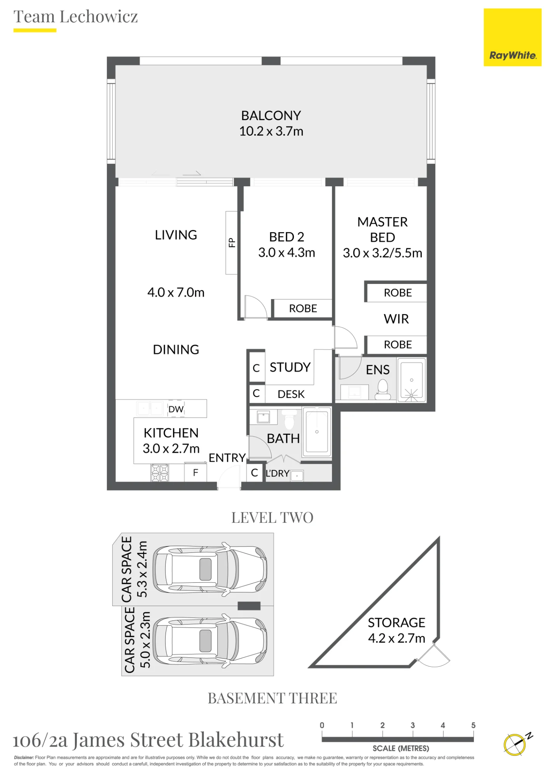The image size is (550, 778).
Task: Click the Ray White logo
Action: click(512, 37)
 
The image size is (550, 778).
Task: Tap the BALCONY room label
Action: click(271, 116)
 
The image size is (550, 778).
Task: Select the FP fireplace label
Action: click(232, 243)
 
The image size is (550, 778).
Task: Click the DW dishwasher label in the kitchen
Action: click(176, 409)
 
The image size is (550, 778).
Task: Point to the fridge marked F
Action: click(196, 472)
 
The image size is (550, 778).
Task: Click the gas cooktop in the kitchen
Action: click(160, 473)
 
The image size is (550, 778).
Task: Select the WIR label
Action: click(396, 319)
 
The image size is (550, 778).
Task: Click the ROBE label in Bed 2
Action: click(303, 308)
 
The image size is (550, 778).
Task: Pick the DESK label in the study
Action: click(291, 394)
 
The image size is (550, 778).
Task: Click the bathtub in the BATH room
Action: click(317, 432)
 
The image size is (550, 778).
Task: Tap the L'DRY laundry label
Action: click(278, 473)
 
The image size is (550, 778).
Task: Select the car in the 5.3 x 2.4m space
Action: click(210, 569)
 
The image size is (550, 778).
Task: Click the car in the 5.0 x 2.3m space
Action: click(210, 641)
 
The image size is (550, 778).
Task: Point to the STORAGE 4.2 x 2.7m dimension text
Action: click(396, 638)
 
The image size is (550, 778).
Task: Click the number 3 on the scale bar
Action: click(412, 725)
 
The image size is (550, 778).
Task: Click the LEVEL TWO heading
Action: click(272, 518)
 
